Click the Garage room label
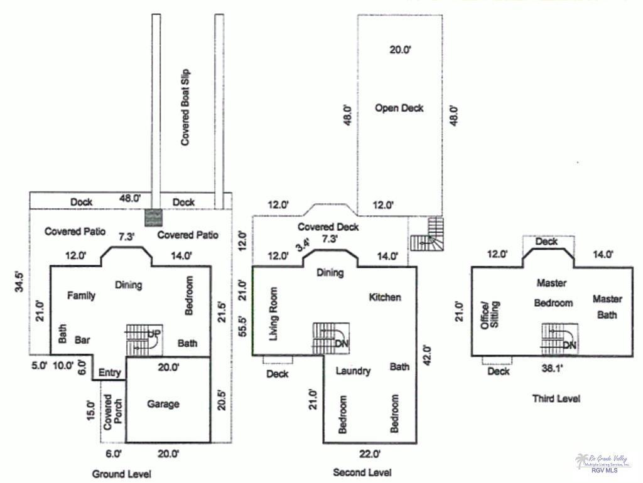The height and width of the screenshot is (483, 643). (163, 404)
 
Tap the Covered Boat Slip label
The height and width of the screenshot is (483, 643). (185, 108)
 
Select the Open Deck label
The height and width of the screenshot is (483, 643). (399, 108)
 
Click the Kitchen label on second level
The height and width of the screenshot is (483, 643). (384, 297)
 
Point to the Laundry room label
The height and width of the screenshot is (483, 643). (353, 371)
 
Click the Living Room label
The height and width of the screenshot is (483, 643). (273, 314)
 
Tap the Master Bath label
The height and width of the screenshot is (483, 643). (607, 307)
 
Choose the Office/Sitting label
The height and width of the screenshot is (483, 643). (490, 316)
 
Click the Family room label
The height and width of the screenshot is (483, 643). (82, 295)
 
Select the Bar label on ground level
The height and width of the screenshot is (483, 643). (82, 340)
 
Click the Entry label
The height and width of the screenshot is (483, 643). (110, 373)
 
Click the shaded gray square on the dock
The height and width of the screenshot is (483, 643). (153, 217)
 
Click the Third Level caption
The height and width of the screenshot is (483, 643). (556, 398)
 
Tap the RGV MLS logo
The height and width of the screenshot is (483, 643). (603, 463)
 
